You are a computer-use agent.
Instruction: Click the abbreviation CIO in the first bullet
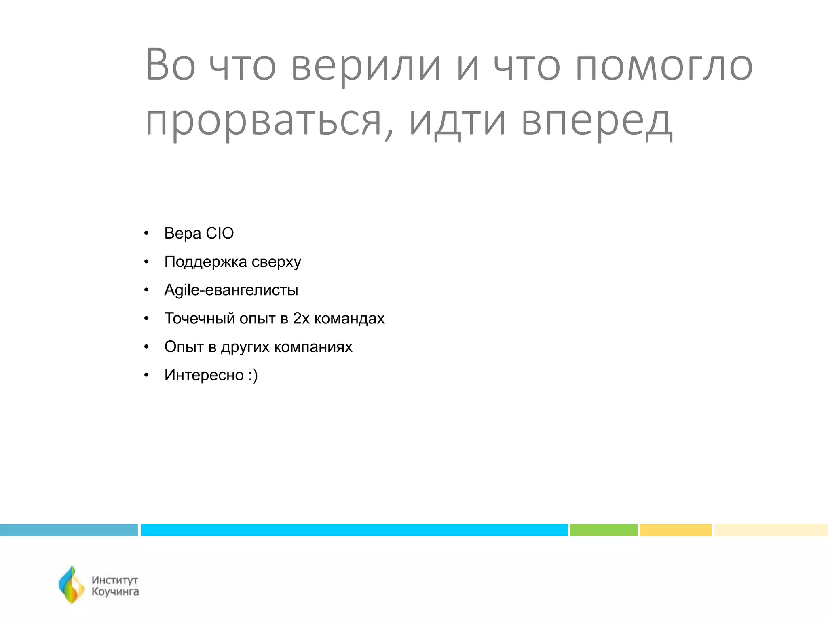pyautogui.click(x=220, y=233)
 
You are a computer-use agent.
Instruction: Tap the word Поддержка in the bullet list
pyautogui.click(x=205, y=262)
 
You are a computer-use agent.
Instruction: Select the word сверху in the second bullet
pyautogui.click(x=276, y=262)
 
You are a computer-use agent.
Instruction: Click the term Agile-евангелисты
pyautogui.click(x=231, y=290)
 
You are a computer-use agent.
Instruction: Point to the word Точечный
pyautogui.click(x=199, y=319)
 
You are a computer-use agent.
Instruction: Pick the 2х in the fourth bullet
pyautogui.click(x=301, y=319)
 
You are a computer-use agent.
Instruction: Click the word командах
pyautogui.click(x=349, y=319)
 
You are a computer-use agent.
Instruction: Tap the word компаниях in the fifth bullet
pyautogui.click(x=313, y=347)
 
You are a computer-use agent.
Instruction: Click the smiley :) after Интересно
pyautogui.click(x=253, y=375)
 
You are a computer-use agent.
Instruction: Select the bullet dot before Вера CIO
pyautogui.click(x=146, y=234)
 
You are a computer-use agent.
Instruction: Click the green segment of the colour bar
pyautogui.click(x=603, y=530)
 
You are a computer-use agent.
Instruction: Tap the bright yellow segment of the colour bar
pyautogui.click(x=675, y=530)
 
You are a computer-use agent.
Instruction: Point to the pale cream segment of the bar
pyautogui.click(x=771, y=530)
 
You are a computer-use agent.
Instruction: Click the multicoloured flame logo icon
pyautogui.click(x=72, y=585)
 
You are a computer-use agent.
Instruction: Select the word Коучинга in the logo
pyautogui.click(x=115, y=592)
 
